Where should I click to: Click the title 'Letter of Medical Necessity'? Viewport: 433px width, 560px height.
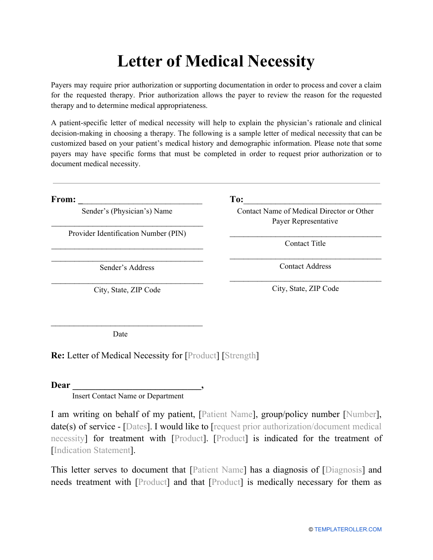tap(216, 61)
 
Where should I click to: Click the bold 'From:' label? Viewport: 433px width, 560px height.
tap(63, 199)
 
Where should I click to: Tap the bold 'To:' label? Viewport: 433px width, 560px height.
tap(237, 199)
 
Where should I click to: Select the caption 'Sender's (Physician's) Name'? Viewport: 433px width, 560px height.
tap(127, 211)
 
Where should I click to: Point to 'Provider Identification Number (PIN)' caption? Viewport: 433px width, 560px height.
tap(127, 234)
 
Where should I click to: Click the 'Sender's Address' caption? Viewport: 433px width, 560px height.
tap(127, 268)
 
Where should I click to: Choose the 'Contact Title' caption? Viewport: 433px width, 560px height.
tap(305, 244)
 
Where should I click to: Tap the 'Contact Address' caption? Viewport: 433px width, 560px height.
tap(305, 266)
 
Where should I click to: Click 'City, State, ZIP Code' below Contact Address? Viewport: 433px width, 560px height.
tap(305, 289)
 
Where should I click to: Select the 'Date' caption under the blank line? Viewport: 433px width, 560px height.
tap(120, 334)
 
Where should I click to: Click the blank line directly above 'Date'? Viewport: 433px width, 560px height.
tap(127, 325)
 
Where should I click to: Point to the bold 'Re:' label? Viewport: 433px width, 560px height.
tap(58, 356)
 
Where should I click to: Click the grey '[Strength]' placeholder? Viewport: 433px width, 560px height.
tap(240, 356)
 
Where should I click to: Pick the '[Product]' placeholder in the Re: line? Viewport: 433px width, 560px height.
tap(202, 356)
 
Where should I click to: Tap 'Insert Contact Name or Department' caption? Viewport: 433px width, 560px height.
tap(128, 396)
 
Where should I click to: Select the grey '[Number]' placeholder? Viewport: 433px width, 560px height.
tap(361, 414)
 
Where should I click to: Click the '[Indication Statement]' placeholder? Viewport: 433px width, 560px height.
tap(93, 450)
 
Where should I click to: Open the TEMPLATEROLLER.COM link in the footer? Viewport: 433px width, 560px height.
tap(348, 529)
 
